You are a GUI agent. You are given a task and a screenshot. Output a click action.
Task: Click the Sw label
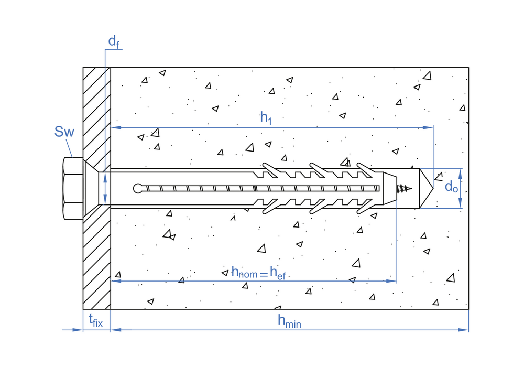64,132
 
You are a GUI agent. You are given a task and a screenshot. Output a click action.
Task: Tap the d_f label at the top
114,41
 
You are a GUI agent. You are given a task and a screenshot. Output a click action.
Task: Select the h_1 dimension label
266,118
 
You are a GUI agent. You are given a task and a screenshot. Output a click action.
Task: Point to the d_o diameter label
451,186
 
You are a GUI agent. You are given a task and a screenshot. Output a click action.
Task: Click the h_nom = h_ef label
258,272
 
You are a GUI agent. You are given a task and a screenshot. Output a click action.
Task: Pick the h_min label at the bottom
289,321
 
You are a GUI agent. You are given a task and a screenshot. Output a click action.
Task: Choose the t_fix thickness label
95,320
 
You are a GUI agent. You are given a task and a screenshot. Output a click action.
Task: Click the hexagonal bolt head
73,188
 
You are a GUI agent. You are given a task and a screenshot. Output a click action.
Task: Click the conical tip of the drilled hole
425,188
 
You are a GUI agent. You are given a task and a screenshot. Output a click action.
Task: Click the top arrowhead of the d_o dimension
461,172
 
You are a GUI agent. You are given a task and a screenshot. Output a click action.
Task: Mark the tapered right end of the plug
390,188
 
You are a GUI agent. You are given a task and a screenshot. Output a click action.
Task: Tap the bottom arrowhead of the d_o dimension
461,204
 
